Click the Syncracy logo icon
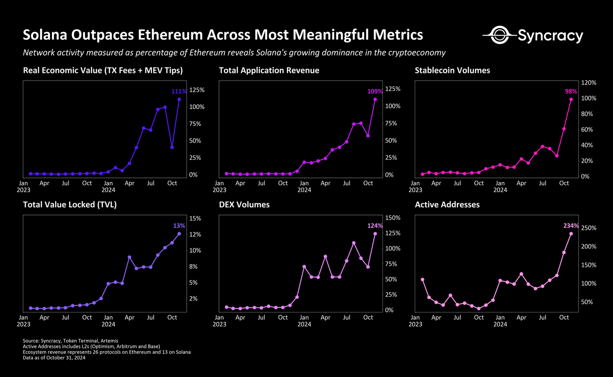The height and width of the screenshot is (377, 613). click(499, 35)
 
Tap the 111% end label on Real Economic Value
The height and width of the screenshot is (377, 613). click(179, 92)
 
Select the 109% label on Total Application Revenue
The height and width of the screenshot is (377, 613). click(375, 92)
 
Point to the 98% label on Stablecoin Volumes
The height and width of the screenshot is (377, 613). click(571, 92)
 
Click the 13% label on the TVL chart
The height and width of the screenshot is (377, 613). click(179, 226)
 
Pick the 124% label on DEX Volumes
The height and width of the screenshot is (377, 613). click(375, 226)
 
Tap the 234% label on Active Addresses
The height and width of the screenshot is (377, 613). click(571, 226)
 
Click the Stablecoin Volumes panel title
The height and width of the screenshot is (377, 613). click(452, 70)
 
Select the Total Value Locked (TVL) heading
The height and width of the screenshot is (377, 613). click(70, 204)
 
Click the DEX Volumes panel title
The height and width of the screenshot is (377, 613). click(244, 204)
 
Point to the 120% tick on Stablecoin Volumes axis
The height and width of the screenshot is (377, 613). click(589, 83)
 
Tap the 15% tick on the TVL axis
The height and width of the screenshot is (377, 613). click(195, 218)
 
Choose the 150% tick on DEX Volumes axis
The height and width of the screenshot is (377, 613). click(393, 218)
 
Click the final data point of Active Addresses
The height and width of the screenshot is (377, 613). click(571, 234)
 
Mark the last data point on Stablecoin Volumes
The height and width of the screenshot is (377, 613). click(571, 99)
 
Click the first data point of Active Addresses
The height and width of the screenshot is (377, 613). click(423, 280)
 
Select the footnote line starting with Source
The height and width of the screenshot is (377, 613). click(71, 341)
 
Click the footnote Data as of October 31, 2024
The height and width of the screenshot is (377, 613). click(54, 358)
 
